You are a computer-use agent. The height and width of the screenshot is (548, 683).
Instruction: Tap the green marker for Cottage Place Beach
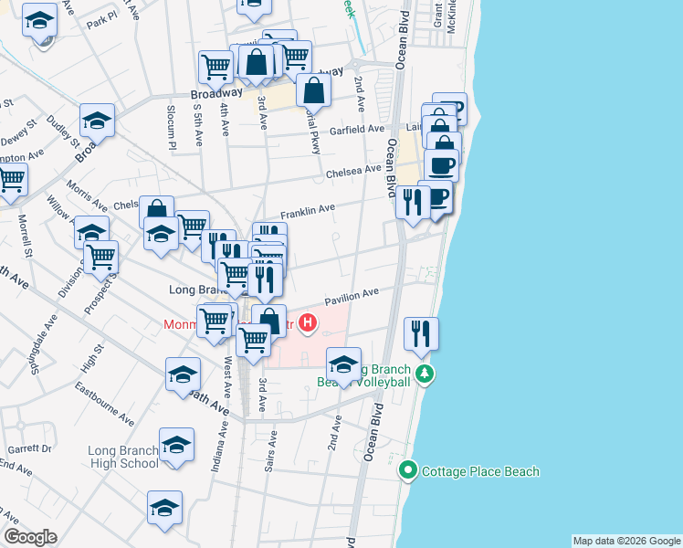[x=409, y=471]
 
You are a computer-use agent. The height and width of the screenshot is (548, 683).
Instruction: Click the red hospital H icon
[x=309, y=322]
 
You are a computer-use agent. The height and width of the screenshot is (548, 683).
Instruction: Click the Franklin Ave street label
[x=307, y=211]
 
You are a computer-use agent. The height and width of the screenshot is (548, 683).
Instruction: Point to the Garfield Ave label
[x=357, y=130]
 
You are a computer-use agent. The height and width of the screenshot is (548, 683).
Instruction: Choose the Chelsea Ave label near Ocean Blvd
[x=353, y=171]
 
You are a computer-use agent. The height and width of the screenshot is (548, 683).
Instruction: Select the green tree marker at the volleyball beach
[x=424, y=374]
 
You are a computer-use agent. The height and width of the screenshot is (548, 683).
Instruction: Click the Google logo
[x=30, y=537]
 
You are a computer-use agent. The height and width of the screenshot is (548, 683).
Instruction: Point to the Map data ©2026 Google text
[x=626, y=541]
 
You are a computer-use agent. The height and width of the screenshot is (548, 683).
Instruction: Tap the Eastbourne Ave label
[x=106, y=410]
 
